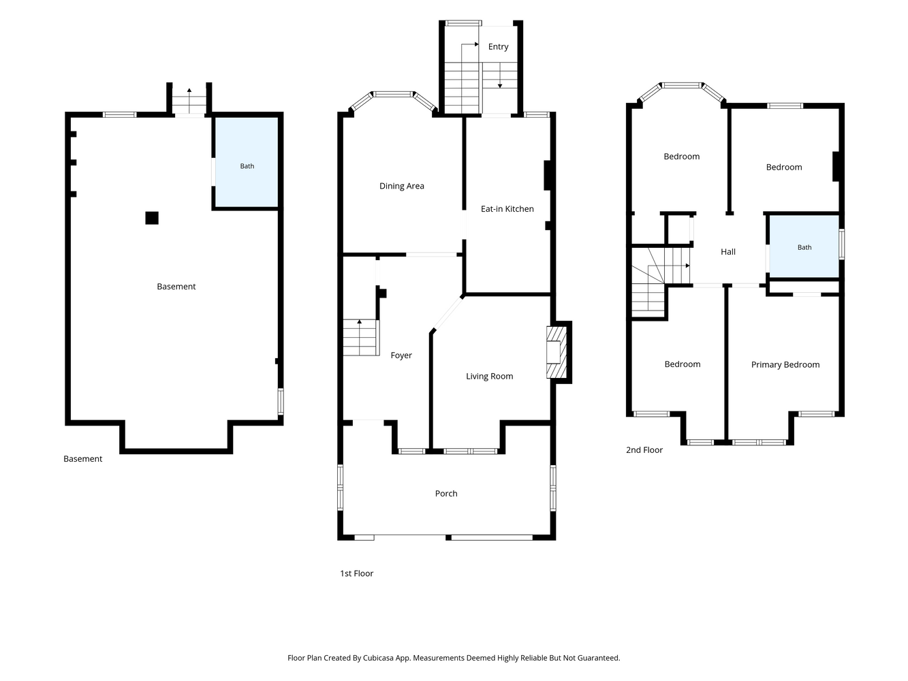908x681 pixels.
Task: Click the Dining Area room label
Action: coord(401,186)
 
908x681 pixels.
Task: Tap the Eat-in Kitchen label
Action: coord(507,209)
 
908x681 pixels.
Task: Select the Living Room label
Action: coord(489,377)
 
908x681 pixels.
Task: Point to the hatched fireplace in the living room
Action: coord(557,352)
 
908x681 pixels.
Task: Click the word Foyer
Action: coord(401,355)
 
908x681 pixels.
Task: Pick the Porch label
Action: coord(446,493)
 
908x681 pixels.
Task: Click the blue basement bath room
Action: coord(247,162)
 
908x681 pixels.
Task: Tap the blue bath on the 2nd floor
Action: coord(804,247)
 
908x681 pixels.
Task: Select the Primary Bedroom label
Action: coord(785,365)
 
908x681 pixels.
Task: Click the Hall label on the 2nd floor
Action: coord(728,252)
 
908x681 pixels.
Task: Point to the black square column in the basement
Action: coord(152,218)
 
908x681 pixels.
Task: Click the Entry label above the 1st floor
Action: coord(498,47)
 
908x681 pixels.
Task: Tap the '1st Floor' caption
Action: coord(356,573)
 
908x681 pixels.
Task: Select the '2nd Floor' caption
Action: coord(644,450)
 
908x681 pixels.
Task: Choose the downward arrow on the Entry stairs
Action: coord(500,76)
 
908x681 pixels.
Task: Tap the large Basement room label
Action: coord(176,287)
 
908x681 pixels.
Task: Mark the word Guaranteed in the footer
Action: coord(597,658)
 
